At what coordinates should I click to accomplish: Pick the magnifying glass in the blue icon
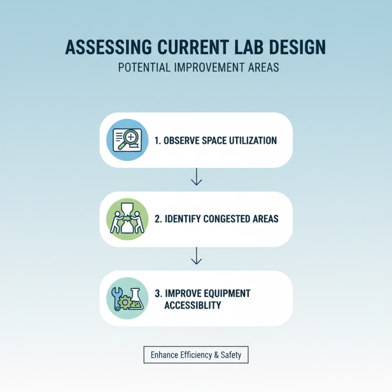131,138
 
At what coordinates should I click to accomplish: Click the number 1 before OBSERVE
157,141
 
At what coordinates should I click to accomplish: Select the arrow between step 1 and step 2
196,177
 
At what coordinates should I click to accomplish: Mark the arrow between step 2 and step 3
196,256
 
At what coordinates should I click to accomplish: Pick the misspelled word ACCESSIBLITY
193,305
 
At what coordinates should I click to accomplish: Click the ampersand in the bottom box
217,355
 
